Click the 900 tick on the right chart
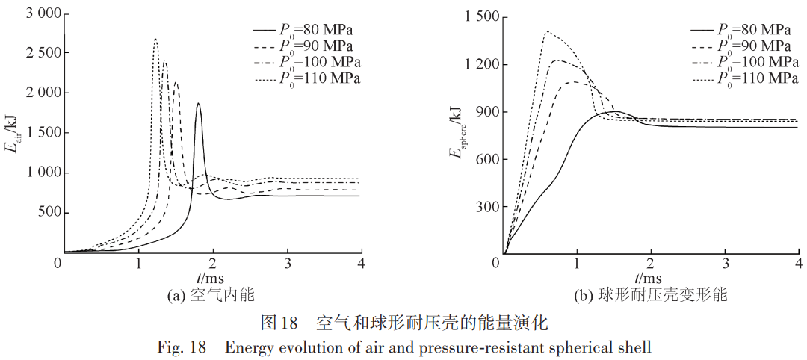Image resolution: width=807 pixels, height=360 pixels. pos(485,112)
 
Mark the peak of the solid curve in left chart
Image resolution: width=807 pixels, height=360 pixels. pos(198,104)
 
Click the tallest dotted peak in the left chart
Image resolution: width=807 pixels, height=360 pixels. pos(155,40)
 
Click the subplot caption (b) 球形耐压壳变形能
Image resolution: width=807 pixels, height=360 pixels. pos(650,296)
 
